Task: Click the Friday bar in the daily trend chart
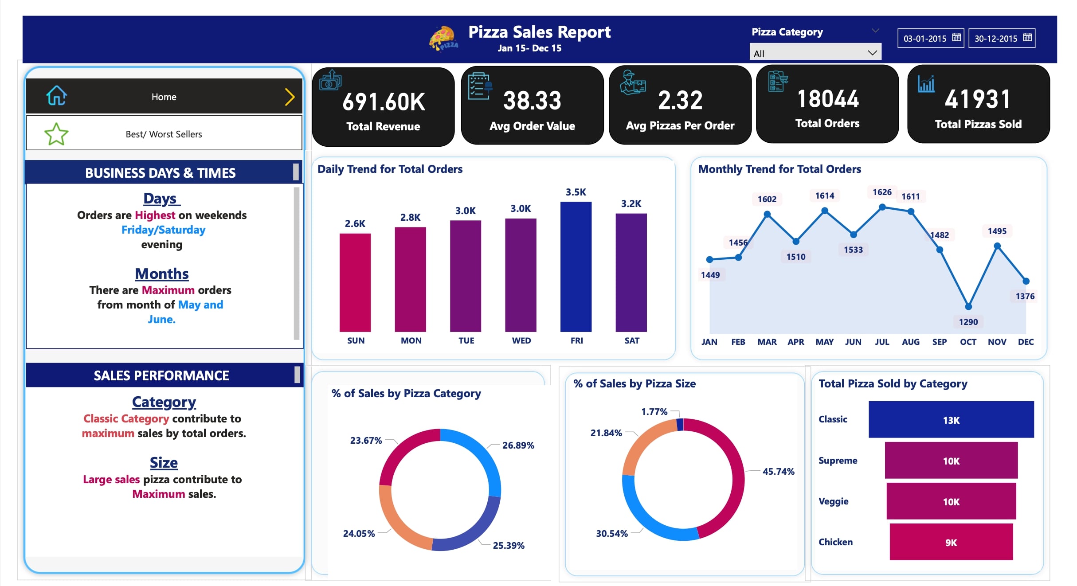[576, 266]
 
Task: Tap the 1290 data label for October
[968, 322]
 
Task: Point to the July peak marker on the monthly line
[882, 207]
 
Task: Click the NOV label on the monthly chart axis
[997, 342]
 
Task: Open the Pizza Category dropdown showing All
[815, 53]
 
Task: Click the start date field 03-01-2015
[925, 39]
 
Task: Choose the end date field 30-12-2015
[996, 39]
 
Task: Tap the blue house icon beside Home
[57, 96]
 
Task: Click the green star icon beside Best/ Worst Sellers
[56, 134]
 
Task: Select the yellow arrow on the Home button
[290, 97]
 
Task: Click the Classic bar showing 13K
[951, 419]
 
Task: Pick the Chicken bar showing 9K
[951, 542]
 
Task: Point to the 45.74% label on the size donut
[778, 471]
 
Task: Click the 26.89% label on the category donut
[518, 445]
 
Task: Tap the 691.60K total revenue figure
[384, 102]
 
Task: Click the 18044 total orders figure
[828, 99]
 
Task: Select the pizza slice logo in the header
[443, 38]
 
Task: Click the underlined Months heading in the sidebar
[162, 273]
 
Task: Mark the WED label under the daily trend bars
[521, 340]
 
